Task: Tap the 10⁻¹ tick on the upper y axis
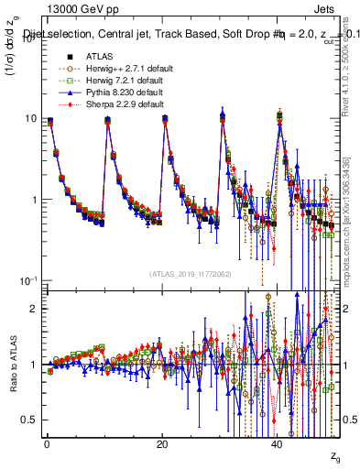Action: click(x=25, y=280)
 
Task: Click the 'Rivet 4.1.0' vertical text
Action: click(x=353, y=92)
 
